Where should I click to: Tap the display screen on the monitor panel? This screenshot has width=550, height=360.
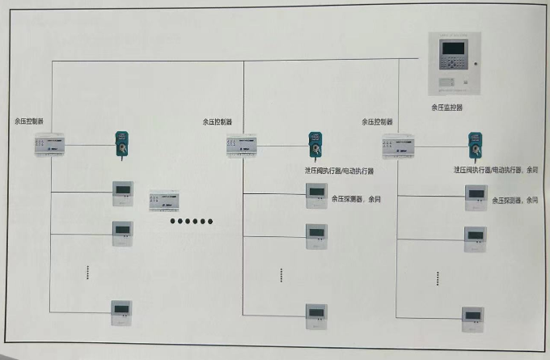pyautogui.click(x=450, y=51)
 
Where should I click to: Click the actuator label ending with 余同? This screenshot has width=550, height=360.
pyautogui.click(x=496, y=171)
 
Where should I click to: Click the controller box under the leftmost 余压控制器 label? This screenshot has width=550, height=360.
pyautogui.click(x=52, y=146)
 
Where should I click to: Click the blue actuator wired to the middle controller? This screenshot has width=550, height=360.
pyautogui.click(x=315, y=146)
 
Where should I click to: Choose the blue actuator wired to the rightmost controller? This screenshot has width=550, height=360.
pyautogui.click(x=473, y=146)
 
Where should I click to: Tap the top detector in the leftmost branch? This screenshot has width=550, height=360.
pyautogui.click(x=124, y=193)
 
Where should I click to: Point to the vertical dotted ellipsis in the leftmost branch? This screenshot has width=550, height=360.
pyautogui.click(x=87, y=273)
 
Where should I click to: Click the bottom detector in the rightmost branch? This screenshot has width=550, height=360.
pyautogui.click(x=472, y=315)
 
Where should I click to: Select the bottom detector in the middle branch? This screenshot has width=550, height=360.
pyautogui.click(x=315, y=313)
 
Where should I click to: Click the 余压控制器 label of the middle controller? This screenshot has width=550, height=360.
pyautogui.click(x=217, y=121)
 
